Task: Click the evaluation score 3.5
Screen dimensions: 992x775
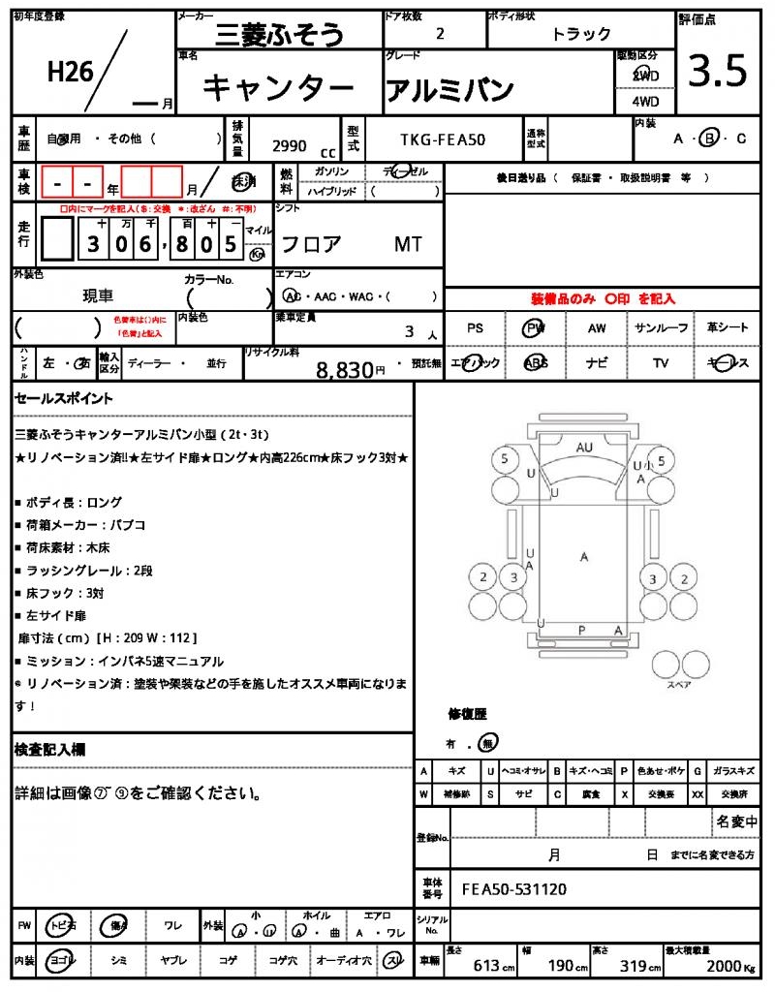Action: [x=717, y=71]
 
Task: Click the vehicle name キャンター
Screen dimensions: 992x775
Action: [x=278, y=88]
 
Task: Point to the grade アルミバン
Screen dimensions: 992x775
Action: [x=449, y=89]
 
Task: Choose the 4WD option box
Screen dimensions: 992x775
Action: [x=644, y=101]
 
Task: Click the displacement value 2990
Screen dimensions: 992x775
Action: [x=290, y=146]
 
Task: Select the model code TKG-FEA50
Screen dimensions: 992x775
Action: [x=443, y=139]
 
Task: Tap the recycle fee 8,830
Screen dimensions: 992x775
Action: [x=345, y=369]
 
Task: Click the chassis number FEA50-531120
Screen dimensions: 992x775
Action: [x=513, y=889]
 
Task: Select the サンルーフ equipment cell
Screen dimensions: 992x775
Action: [x=662, y=328]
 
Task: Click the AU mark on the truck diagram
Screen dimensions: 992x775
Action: [x=583, y=448]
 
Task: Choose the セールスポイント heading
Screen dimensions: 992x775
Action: [x=64, y=398]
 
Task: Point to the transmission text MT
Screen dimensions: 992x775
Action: [x=408, y=244]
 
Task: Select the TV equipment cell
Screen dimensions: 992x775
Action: [x=662, y=363]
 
